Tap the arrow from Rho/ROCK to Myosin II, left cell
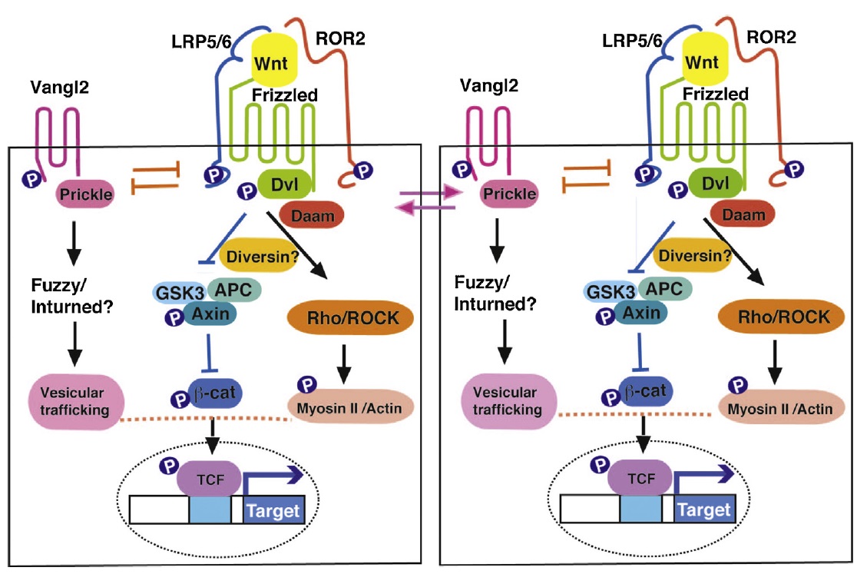coord(345,361)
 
